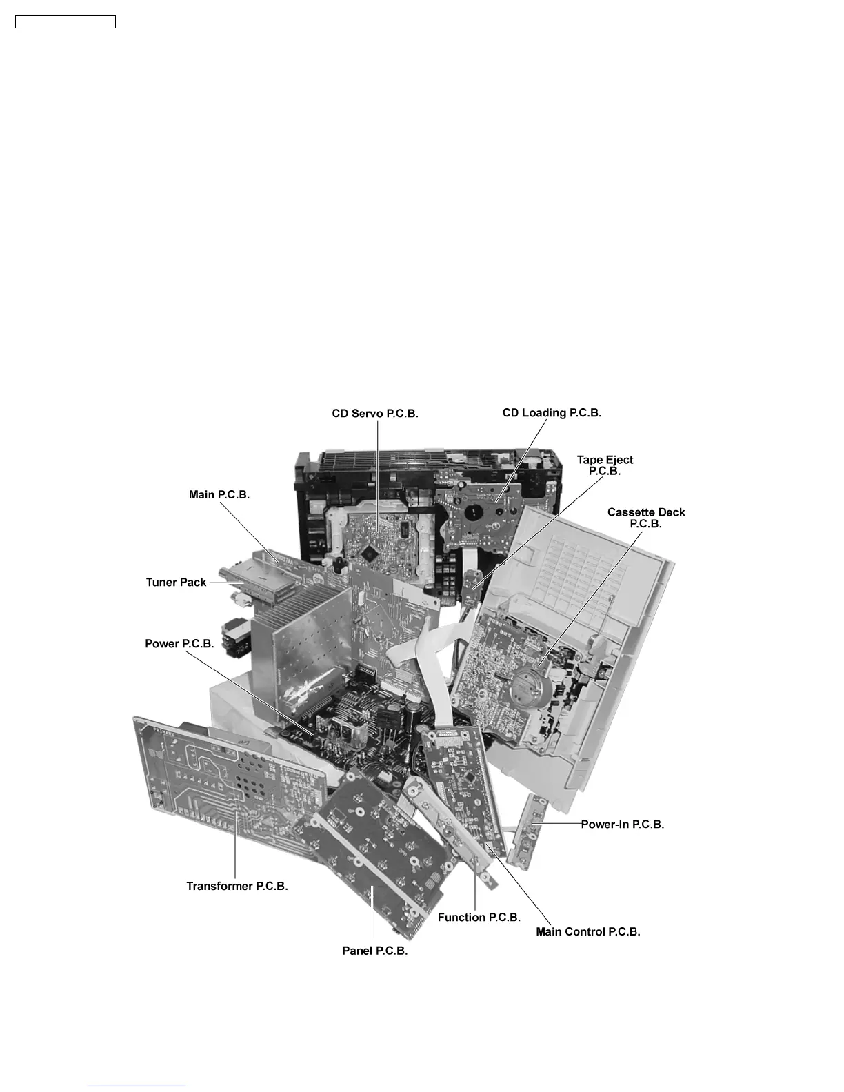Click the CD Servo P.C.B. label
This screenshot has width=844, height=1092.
click(x=375, y=414)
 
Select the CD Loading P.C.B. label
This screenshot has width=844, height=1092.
click(x=552, y=413)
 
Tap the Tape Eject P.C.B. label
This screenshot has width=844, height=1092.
click(x=605, y=465)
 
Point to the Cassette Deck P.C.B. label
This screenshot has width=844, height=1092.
click(x=646, y=518)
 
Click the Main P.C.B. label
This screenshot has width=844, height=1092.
click(x=219, y=494)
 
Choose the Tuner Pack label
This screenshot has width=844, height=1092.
click(x=176, y=583)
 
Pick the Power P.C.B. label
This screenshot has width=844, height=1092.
click(x=179, y=644)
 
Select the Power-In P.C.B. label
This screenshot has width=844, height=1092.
click(x=623, y=824)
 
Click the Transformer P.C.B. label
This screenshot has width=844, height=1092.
click(x=237, y=886)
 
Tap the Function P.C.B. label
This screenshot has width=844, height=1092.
click(x=479, y=917)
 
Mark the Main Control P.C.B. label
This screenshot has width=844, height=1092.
click(x=588, y=931)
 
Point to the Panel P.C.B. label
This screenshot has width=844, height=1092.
click(x=375, y=951)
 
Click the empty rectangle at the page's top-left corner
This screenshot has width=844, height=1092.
click(x=66, y=22)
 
